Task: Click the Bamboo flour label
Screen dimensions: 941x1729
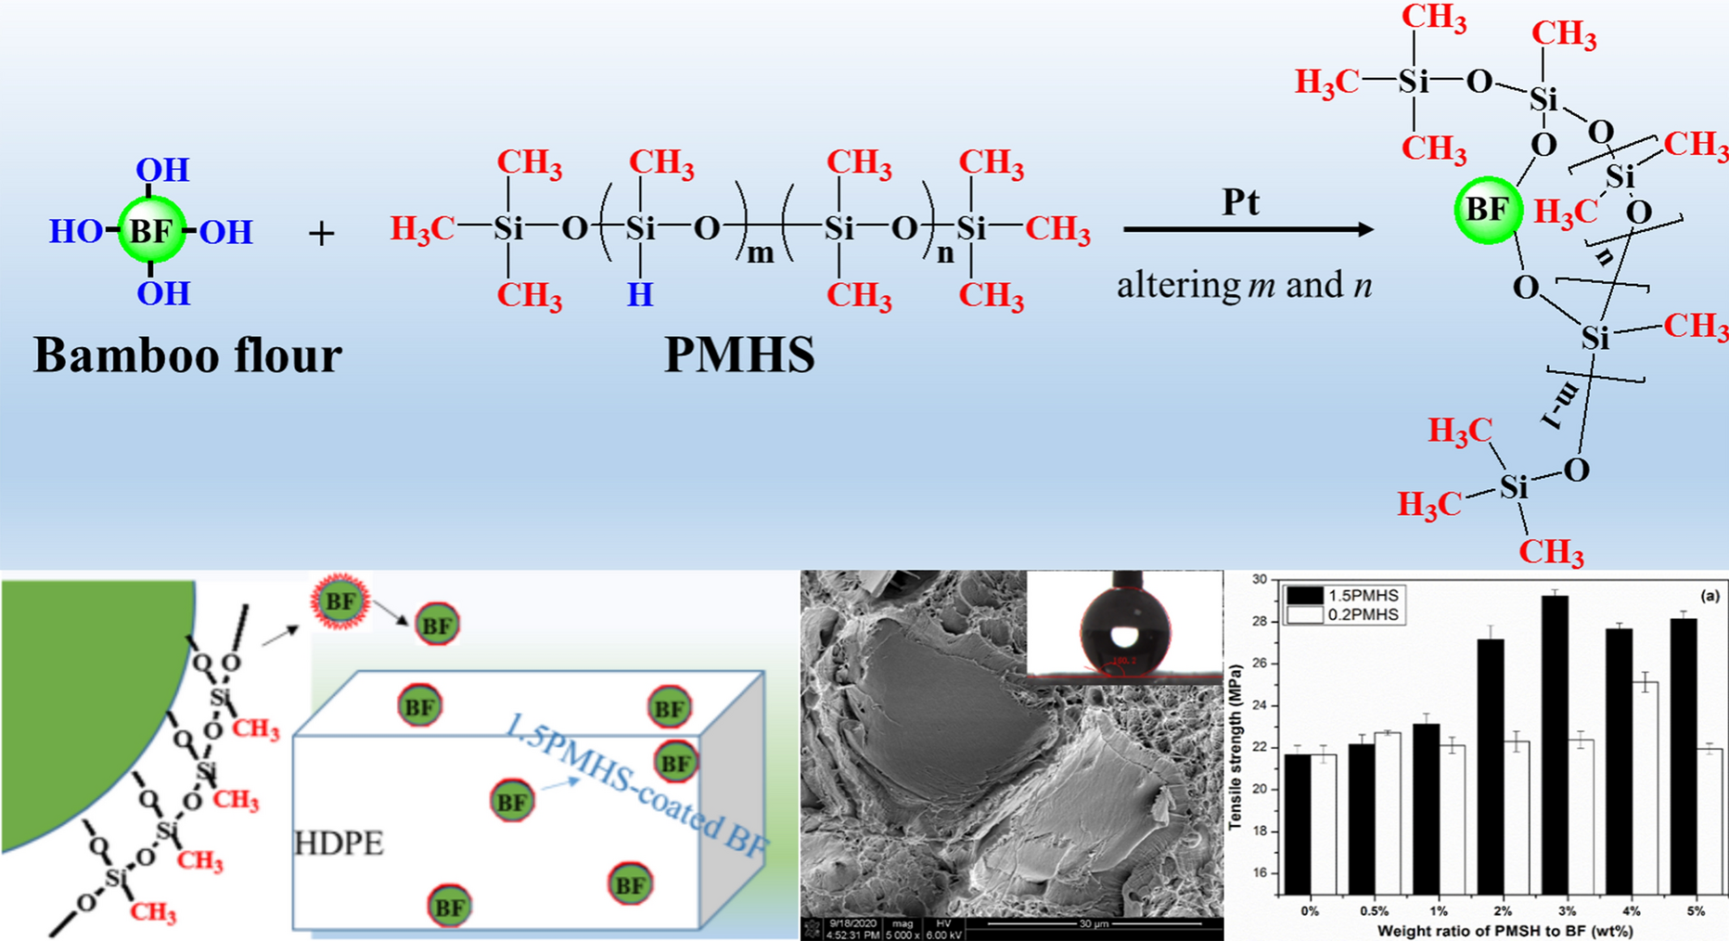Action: click(187, 355)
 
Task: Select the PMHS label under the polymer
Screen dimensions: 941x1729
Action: click(739, 355)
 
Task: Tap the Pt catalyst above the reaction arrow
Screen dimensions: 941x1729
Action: click(1240, 202)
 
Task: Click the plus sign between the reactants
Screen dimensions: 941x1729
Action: click(321, 234)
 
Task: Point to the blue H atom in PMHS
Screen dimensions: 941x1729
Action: click(640, 295)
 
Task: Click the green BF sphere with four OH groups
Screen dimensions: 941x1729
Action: click(151, 230)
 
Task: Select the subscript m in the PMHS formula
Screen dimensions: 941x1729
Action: click(761, 253)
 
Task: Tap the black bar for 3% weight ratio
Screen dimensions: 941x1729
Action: click(1555, 742)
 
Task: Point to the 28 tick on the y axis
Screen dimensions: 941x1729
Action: click(1259, 622)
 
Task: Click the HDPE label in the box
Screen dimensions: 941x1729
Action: click(339, 844)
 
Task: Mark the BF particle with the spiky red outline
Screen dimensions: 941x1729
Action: click(340, 601)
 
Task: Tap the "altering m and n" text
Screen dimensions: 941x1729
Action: click(1244, 285)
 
